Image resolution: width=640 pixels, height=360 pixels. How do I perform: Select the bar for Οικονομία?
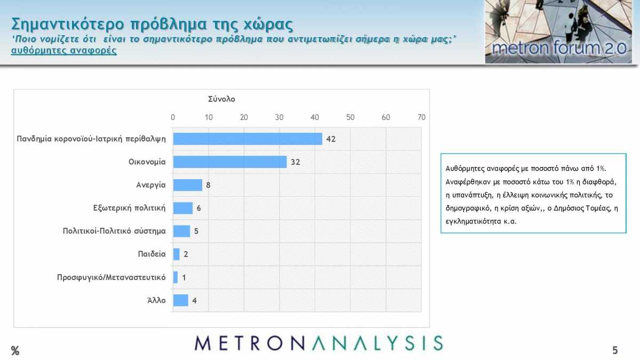(230, 162)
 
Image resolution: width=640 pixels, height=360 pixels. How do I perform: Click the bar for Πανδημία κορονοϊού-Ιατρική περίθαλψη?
(247, 139)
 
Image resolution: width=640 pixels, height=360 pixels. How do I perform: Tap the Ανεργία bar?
(187, 185)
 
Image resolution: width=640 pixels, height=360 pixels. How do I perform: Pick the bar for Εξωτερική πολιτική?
(183, 208)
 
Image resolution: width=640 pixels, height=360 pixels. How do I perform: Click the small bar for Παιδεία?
(177, 254)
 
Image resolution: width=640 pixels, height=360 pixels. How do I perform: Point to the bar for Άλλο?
(181, 300)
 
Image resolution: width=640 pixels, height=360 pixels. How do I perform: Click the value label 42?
(331, 139)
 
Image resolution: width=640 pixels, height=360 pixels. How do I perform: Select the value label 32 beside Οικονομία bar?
(295, 162)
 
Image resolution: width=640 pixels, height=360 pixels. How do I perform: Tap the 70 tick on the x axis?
(421, 117)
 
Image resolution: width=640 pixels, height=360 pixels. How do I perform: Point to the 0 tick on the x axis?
(173, 117)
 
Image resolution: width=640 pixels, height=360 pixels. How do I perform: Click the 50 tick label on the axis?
(350, 117)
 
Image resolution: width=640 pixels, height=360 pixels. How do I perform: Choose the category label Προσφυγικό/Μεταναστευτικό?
(111, 277)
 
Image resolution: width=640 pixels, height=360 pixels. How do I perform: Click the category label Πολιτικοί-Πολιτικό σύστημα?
(114, 231)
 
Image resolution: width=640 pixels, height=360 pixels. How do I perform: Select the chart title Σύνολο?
(221, 99)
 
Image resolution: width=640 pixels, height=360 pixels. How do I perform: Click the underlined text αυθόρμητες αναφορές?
(64, 51)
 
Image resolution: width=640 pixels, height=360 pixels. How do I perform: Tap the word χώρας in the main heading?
(268, 25)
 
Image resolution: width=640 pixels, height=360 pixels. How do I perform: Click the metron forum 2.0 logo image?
(558, 31)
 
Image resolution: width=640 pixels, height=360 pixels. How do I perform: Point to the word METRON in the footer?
(250, 343)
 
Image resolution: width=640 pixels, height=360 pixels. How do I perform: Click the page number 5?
(615, 350)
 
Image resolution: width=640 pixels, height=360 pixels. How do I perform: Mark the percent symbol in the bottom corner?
(15, 350)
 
